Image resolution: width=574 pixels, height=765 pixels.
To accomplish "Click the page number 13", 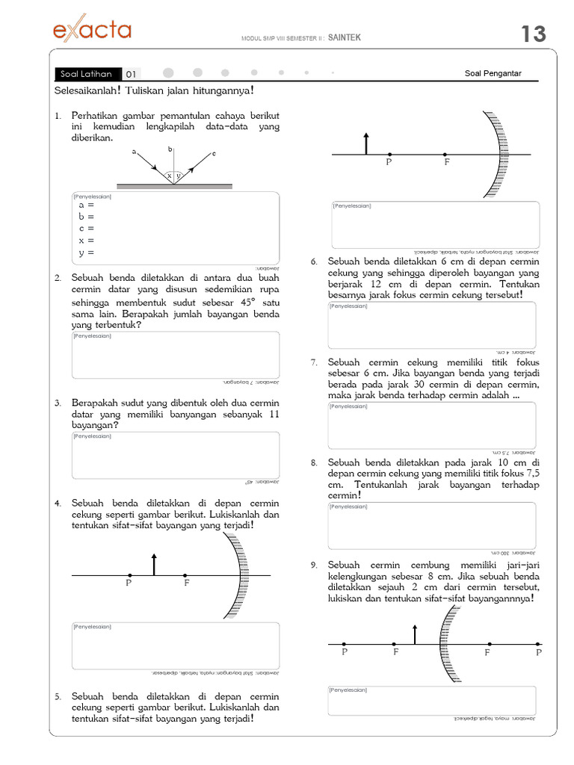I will tap(533, 34).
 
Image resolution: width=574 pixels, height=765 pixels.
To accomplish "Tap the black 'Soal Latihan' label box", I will tap(87, 74).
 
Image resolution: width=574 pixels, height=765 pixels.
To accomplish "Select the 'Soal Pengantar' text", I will tap(493, 73).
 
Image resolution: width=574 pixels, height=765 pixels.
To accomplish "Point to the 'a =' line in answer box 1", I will tap(86, 205).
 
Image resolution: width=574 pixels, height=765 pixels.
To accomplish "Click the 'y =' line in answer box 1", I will tap(86, 253).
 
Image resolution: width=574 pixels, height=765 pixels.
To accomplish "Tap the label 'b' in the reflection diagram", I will tap(170, 149).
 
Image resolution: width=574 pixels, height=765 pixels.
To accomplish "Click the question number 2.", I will tap(57, 278).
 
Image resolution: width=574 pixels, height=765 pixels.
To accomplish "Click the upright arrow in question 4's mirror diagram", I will tap(154, 564).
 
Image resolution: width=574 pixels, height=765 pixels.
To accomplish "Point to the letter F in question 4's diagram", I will tap(187, 583).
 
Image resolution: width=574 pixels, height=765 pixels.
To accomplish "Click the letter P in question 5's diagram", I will tap(389, 162).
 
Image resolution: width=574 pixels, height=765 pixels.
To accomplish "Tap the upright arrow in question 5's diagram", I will tap(365, 143).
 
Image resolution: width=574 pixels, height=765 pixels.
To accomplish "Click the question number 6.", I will tap(315, 261).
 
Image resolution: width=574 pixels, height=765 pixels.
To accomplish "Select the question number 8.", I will tap(315, 462).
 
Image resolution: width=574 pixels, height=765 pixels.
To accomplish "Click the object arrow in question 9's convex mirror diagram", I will tap(416, 634).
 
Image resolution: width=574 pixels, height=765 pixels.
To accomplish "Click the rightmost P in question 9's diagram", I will tap(538, 652).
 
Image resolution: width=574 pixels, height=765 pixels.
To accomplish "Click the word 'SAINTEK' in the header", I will tap(345, 38).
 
